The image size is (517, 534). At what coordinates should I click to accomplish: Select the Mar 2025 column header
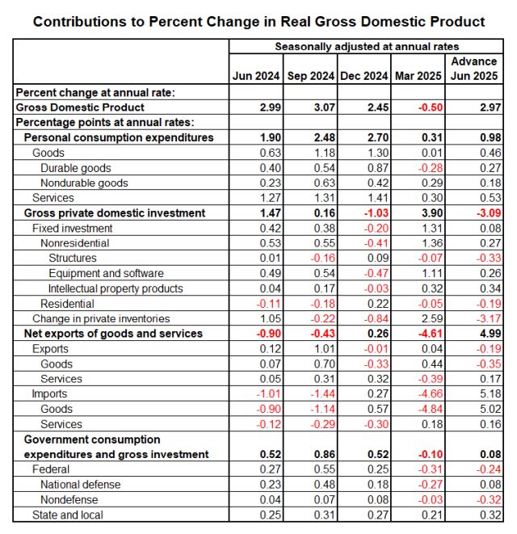417,76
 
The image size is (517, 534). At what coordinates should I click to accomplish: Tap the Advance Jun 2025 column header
474,69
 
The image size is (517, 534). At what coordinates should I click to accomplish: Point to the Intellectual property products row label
116,288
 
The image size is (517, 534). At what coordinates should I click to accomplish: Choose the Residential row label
67,304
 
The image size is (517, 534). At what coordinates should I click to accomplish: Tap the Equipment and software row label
106,273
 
